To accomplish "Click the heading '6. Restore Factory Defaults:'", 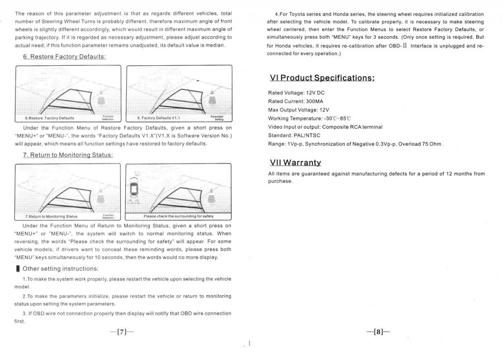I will pos(64,56).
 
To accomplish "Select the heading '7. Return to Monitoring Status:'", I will pos(68,155).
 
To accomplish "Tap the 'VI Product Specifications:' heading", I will pos(322,78).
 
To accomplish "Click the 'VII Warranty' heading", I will pos(295,162).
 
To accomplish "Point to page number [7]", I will pos(122,332).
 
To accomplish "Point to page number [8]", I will pos(378,332).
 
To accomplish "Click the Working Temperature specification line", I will pos(309,118).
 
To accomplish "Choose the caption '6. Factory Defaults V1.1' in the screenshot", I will pos(155,118).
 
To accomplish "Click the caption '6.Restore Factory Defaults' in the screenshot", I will pos(50,118).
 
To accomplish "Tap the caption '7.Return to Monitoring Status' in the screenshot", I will pos(52,216).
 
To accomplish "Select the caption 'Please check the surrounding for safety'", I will pos(178,216).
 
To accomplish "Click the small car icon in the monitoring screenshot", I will pos(133,188).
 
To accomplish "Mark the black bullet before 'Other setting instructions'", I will pos(18,269).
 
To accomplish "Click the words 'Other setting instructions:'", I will pos(61,269).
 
